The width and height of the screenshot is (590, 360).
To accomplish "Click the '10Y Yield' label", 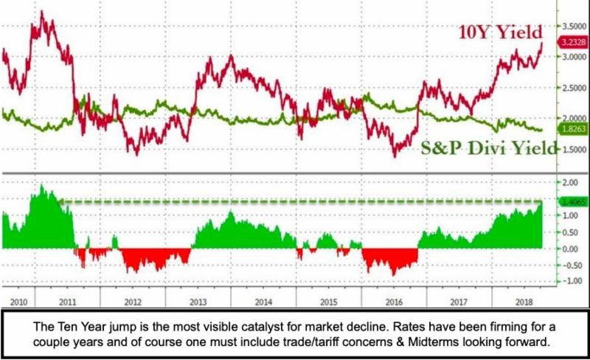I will click(500, 32).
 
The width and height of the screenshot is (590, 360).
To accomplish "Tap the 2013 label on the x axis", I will click(198, 302).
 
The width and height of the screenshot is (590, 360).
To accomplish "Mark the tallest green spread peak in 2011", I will click(41, 188).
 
